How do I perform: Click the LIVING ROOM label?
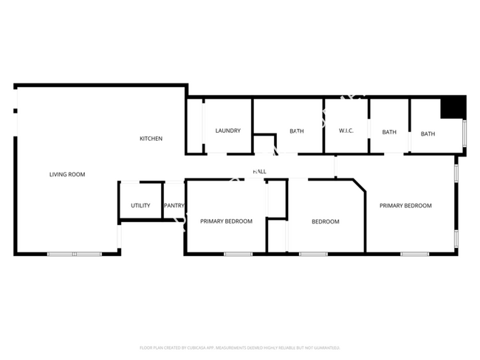[x=67, y=175]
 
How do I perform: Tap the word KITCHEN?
[x=151, y=139]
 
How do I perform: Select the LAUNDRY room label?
[x=227, y=131]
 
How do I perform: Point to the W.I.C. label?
[x=346, y=131]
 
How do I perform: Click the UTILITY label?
[x=140, y=206]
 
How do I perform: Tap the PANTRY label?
[x=174, y=206]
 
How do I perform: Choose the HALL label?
[x=259, y=171]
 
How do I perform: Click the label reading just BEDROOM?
[x=325, y=221]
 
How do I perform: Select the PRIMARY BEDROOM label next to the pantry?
[x=226, y=221]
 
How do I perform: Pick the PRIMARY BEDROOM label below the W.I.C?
[x=405, y=206]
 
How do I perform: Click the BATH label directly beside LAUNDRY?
[x=296, y=131]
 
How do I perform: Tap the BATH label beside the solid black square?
[x=428, y=134]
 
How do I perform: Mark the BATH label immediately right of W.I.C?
[x=389, y=132]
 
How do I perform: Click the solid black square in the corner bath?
[x=452, y=108]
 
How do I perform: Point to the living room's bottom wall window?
[x=74, y=254]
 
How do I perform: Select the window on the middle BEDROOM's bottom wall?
[x=313, y=254]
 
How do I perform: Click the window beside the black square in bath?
[x=464, y=132]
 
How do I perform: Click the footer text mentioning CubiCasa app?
[x=239, y=347]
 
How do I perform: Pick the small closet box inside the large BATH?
[x=264, y=144]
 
